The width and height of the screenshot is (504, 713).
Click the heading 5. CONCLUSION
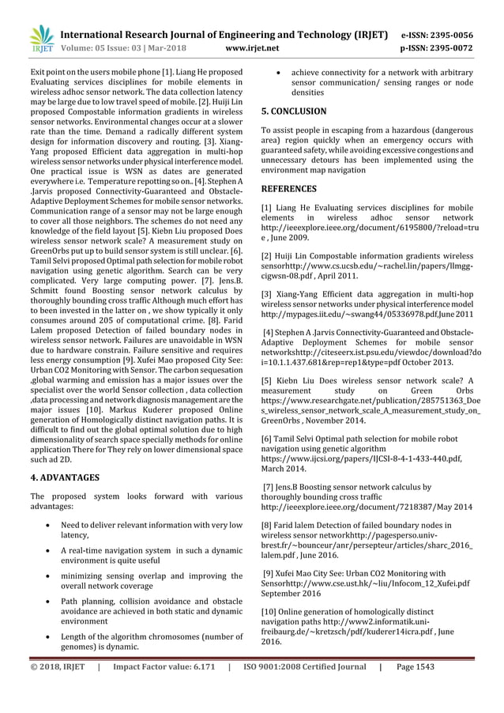[293, 111]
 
